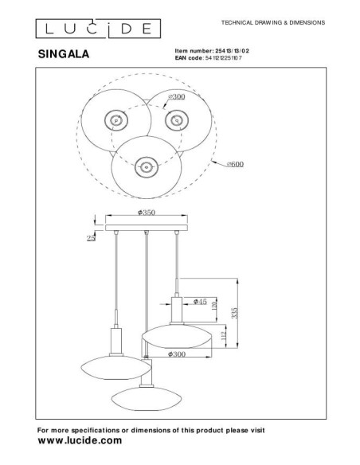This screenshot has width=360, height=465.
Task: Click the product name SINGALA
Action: coord(64,56)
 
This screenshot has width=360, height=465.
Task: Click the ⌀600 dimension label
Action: coord(234,164)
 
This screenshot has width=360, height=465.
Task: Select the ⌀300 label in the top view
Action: coord(177,97)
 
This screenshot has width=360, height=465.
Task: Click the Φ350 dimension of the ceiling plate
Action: coord(145,213)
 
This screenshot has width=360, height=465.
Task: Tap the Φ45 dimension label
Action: coord(202,302)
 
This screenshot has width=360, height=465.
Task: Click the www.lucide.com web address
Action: coord(80,440)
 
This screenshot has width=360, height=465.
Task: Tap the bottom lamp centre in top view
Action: coord(145,166)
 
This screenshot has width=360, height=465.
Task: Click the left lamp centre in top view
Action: coord(116,121)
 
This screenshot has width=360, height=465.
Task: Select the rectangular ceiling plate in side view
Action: coord(146,224)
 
